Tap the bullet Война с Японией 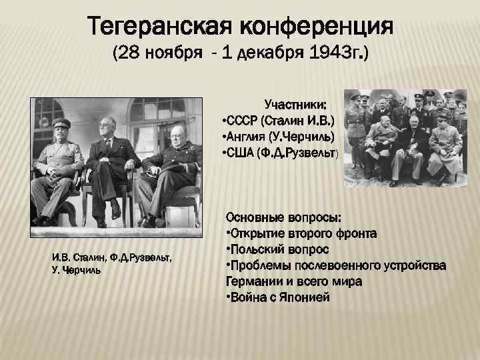[x=279, y=297]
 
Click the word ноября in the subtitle [x=168, y=53]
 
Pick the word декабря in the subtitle [x=263, y=53]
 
